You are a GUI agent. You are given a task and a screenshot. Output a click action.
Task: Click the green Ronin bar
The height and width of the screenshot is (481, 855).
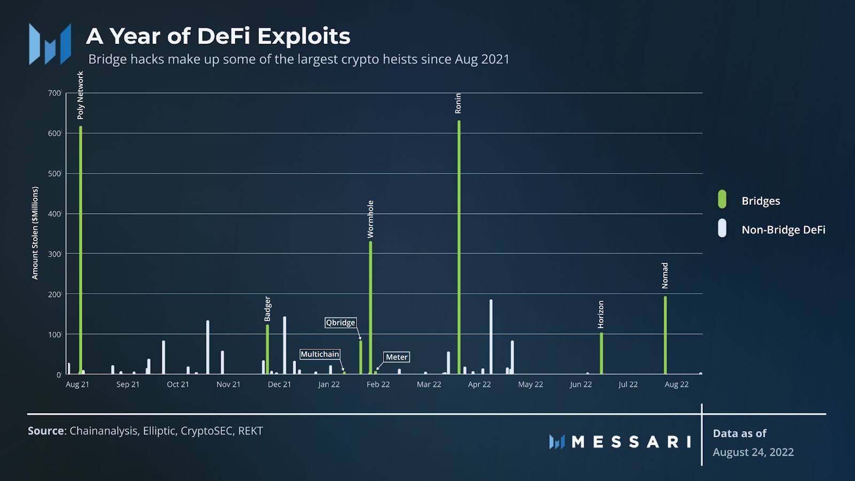point(459,246)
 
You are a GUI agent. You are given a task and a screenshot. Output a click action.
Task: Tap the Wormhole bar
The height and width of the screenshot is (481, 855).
point(370,307)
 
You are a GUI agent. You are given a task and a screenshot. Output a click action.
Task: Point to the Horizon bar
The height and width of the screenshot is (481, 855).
point(601,353)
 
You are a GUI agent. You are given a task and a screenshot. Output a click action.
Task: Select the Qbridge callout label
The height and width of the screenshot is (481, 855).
point(340,322)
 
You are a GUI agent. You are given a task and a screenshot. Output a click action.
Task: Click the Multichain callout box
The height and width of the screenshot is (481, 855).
point(320,354)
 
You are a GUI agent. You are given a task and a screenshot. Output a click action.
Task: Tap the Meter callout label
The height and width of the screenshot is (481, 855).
point(397,357)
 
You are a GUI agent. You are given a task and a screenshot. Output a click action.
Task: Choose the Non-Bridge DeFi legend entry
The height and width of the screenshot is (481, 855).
point(783,230)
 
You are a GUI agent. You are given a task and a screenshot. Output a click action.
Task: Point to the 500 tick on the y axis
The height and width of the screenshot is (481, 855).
point(54,174)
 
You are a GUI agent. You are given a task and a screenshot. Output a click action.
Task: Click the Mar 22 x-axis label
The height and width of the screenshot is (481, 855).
point(429,384)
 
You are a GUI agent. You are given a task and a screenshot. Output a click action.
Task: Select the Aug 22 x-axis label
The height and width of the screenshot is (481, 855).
point(677,384)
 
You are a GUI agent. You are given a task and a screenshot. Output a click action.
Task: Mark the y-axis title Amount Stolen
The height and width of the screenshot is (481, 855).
point(35,232)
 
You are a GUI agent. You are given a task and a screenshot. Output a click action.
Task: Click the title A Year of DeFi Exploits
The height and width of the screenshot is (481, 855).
point(218,36)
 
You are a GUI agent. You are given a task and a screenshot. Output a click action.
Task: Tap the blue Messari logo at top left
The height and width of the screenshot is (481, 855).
point(50,44)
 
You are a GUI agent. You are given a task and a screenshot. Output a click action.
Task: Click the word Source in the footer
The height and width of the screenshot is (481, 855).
point(46,431)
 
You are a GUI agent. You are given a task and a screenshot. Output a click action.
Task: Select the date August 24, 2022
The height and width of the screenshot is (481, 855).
point(753,452)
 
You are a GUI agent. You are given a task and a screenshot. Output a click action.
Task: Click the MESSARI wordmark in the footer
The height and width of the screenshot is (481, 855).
point(631,442)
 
